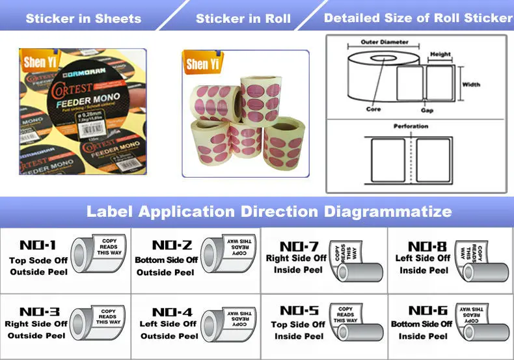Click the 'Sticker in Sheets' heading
click(x=83, y=18)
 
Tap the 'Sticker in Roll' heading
click(x=243, y=18)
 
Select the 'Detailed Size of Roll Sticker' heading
click(x=418, y=18)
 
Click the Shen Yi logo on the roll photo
click(x=202, y=63)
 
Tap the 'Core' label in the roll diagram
click(x=373, y=109)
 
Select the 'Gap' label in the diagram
click(x=427, y=111)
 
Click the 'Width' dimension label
click(x=471, y=85)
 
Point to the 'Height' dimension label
click(x=440, y=55)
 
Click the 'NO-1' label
click(x=38, y=245)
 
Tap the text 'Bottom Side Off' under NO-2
click(x=166, y=260)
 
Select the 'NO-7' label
click(x=299, y=247)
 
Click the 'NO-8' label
click(x=427, y=246)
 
